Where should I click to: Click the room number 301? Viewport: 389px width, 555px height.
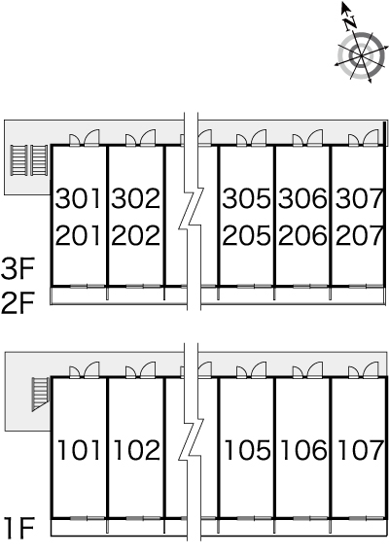(78, 198)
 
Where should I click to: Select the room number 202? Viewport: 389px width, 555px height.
(135, 235)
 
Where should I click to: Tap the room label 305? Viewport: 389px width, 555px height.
(246, 198)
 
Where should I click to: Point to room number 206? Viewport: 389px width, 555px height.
(302, 235)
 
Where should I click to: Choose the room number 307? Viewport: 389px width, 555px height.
(359, 198)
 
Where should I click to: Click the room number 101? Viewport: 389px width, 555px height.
(78, 450)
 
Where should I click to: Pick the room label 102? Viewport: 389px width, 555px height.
(137, 450)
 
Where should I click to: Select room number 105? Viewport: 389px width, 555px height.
(248, 450)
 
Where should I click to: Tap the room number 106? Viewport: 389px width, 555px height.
(303, 450)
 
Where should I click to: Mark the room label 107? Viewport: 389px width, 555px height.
(361, 450)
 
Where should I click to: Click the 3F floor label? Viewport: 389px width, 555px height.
(17, 269)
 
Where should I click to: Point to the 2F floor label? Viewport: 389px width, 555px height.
(17, 303)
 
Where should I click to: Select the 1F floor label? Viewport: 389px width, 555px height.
(19, 528)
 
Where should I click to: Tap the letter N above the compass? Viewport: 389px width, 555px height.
(351, 23)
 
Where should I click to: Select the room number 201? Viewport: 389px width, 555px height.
(78, 235)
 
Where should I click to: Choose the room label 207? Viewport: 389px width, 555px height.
(359, 235)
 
